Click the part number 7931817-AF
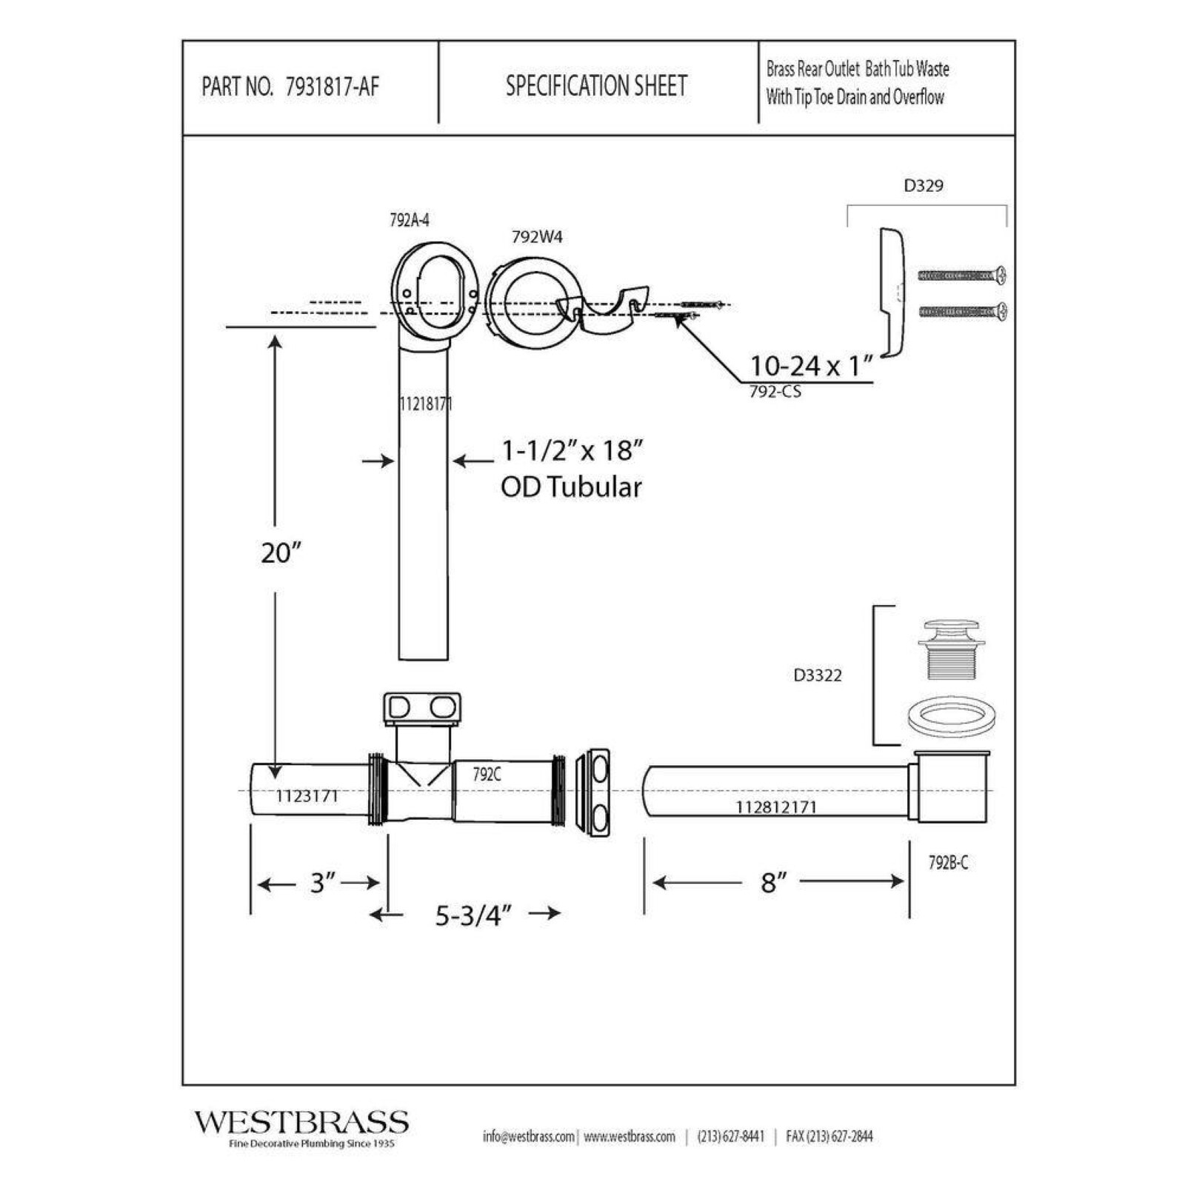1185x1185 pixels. pyautogui.click(x=332, y=87)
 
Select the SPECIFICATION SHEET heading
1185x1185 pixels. pyautogui.click(x=596, y=86)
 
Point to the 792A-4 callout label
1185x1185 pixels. pyautogui.click(x=409, y=220)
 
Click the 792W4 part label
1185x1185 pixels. pyautogui.click(x=537, y=237)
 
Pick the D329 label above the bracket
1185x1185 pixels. pyautogui.click(x=924, y=185)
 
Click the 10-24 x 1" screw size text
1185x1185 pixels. pyautogui.click(x=811, y=366)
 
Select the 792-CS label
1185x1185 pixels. pyautogui.click(x=775, y=392)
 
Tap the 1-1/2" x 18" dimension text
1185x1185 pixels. pyautogui.click(x=572, y=450)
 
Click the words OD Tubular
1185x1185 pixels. pyautogui.click(x=571, y=487)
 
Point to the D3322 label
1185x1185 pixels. pyautogui.click(x=817, y=675)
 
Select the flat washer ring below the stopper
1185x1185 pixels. pyautogui.click(x=951, y=717)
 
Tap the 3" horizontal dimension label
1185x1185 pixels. pyautogui.click(x=322, y=883)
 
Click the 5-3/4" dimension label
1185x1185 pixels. pyautogui.click(x=473, y=916)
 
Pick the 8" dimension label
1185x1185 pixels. pyautogui.click(x=772, y=882)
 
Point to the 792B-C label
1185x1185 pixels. pyautogui.click(x=948, y=863)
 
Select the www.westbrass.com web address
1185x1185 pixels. pyautogui.click(x=630, y=1136)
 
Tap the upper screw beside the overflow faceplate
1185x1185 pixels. pyautogui.click(x=962, y=276)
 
